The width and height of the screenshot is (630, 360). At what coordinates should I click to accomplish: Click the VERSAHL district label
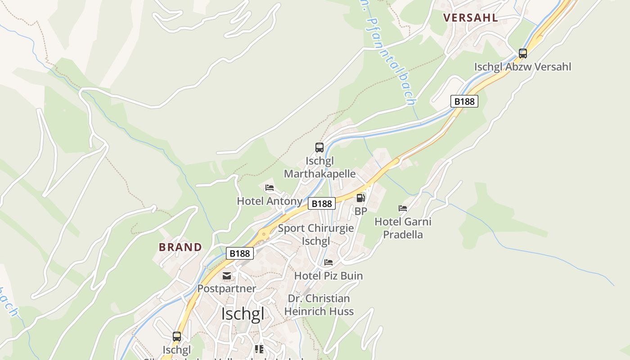470,18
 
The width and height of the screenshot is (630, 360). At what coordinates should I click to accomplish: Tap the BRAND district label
180,247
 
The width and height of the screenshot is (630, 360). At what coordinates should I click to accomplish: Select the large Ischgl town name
243,314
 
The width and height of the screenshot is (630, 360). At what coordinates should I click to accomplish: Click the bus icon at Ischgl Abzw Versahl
522,54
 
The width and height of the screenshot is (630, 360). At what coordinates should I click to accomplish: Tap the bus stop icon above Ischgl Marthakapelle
319,148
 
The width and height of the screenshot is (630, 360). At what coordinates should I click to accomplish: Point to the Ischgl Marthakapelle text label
319,167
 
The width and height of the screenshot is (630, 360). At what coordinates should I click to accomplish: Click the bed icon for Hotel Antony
270,188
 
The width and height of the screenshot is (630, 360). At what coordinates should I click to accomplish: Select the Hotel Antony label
269,201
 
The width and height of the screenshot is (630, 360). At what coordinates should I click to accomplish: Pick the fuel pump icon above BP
360,198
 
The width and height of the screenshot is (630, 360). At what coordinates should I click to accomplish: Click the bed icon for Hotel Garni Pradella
403,208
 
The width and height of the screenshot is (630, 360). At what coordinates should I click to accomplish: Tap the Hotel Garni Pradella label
403,228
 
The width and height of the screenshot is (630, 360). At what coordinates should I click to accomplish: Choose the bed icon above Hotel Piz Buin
328,262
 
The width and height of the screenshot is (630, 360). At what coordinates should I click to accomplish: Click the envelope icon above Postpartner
227,276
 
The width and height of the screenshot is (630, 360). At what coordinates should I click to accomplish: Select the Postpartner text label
227,288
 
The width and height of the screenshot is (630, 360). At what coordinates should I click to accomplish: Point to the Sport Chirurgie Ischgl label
315,234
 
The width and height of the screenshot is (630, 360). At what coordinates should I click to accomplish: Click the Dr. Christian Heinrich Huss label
319,305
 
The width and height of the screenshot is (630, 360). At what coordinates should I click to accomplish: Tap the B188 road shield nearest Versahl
464,101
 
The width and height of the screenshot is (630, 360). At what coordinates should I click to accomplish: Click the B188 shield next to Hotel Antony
322,204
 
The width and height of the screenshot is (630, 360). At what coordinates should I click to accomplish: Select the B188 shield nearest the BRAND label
239,253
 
